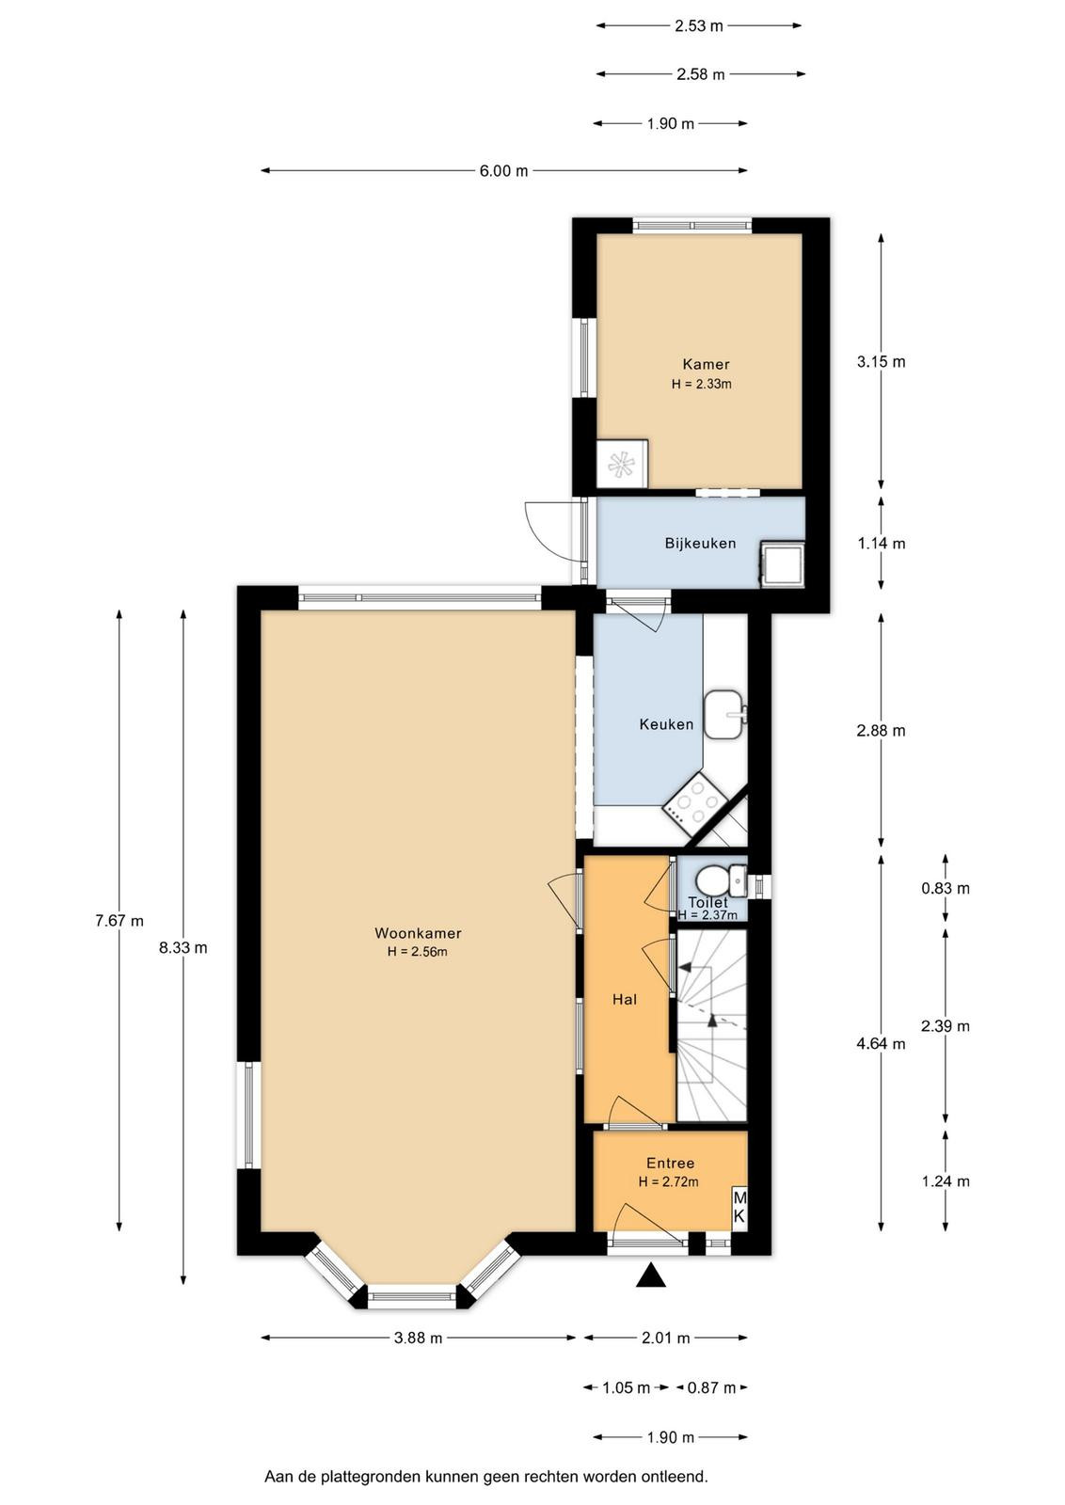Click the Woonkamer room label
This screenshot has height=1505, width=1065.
point(418,932)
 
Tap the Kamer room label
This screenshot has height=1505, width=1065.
point(706,364)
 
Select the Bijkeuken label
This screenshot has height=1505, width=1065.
point(700,543)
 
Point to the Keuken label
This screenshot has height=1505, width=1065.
point(666,724)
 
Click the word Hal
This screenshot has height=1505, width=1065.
point(624,1000)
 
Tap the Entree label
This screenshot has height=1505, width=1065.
point(670,1163)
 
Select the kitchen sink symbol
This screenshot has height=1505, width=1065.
point(723,714)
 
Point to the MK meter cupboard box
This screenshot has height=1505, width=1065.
point(739,1208)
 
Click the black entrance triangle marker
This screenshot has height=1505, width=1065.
point(650,1275)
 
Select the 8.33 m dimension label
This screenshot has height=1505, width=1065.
point(183,948)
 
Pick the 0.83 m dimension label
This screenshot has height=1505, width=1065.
point(946,888)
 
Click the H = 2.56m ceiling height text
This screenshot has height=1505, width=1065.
point(418,951)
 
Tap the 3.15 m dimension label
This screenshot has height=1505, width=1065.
point(881,362)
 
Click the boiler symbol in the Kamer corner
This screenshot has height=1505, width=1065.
point(622,464)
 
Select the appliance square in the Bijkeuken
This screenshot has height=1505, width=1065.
point(782,564)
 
